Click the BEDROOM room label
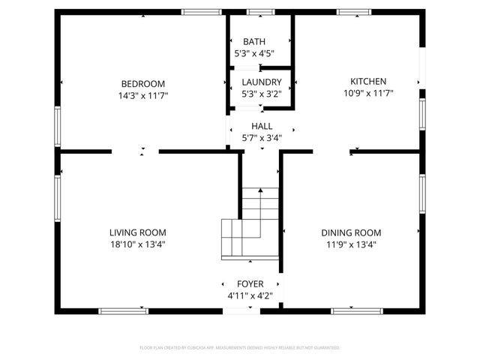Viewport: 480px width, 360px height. [x=143, y=83]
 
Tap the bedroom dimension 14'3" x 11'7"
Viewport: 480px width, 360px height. [x=143, y=95]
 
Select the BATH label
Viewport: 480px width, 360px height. [x=254, y=42]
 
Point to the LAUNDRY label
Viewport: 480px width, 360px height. [x=261, y=82]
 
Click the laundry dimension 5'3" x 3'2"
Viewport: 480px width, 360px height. [x=261, y=94]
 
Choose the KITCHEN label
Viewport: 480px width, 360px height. [x=368, y=81]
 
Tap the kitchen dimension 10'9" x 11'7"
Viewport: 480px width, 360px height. [x=368, y=93]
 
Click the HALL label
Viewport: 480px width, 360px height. [x=262, y=126]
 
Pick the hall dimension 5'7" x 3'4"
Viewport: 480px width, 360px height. [x=262, y=137]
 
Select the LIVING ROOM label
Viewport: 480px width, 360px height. [x=138, y=232]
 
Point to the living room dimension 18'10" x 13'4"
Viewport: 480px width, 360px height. [x=138, y=244]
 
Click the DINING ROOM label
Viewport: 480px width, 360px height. [x=351, y=232]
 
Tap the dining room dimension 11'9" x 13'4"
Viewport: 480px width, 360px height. [x=351, y=244]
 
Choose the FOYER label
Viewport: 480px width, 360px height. [x=250, y=283]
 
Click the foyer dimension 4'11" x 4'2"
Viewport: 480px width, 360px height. [x=250, y=295]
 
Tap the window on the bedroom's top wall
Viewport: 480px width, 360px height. [x=196, y=12]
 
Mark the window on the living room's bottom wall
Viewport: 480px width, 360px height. [x=124, y=310]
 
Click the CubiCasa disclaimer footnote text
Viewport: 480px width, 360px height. [x=240, y=348]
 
